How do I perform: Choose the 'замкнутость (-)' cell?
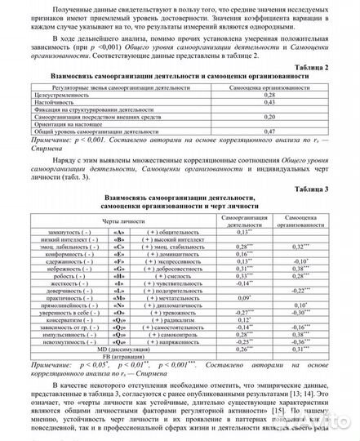[74, 232]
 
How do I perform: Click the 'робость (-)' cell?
[74, 275]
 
